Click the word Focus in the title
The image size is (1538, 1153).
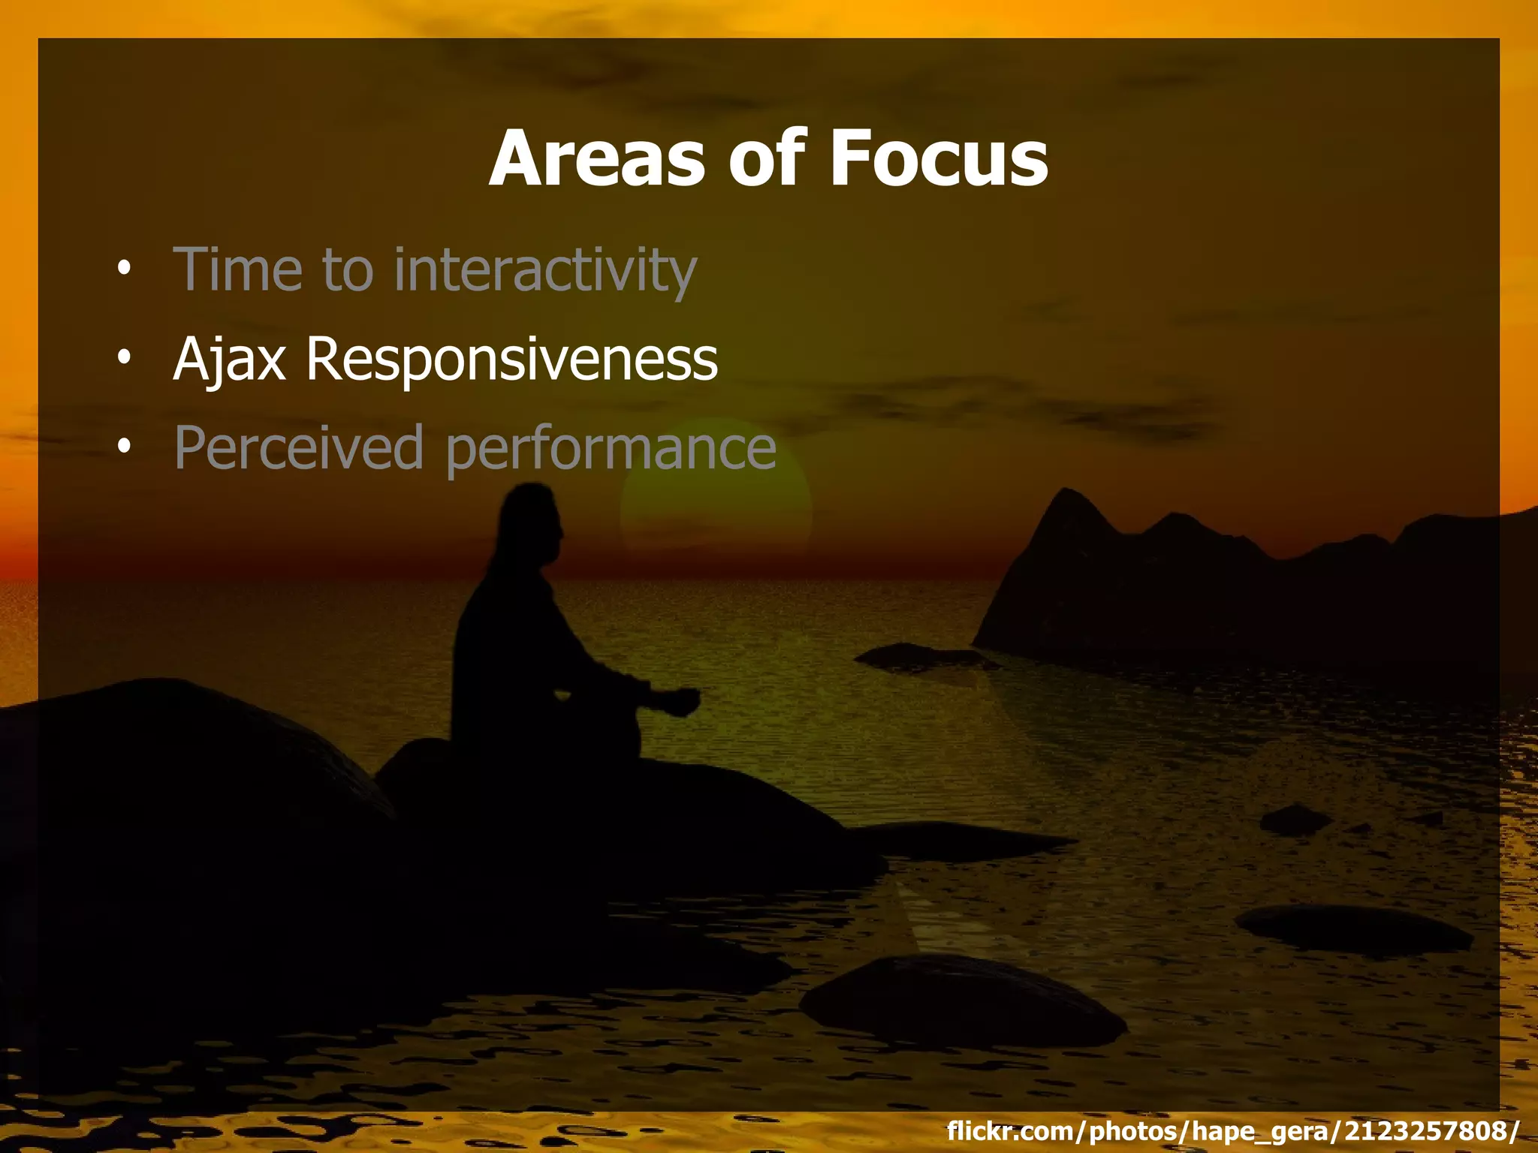click(938, 158)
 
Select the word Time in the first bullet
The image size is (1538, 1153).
click(237, 269)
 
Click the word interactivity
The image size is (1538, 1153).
click(545, 269)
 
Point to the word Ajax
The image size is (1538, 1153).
click(229, 360)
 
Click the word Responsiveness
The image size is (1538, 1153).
click(511, 360)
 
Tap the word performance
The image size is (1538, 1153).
click(611, 449)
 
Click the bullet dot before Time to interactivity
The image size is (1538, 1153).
click(124, 268)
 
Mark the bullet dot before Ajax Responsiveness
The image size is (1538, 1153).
click(124, 357)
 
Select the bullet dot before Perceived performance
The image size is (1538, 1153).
click(124, 446)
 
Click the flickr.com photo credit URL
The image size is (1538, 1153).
click(1232, 1130)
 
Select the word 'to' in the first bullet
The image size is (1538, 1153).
click(347, 269)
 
